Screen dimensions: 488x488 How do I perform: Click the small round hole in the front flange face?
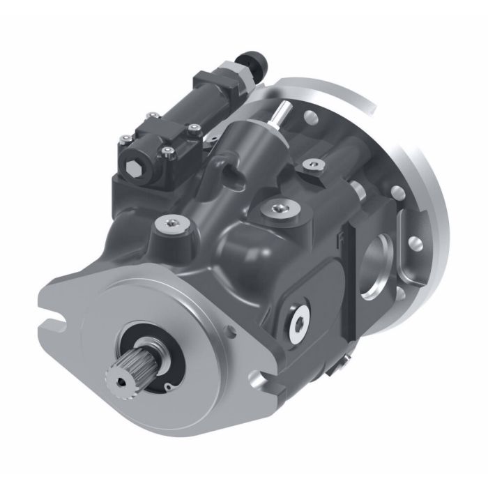169,385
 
